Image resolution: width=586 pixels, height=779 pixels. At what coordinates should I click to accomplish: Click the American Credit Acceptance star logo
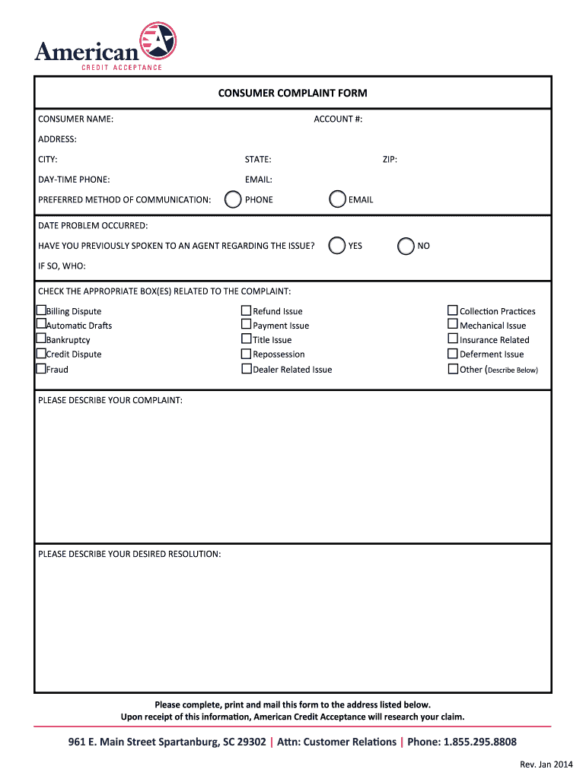point(158,40)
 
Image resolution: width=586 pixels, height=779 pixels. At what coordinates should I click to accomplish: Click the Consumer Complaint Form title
point(292,94)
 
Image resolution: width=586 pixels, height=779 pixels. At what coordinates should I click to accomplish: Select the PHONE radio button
point(233,199)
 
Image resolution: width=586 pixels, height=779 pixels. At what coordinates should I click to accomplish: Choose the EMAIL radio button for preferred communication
point(337,199)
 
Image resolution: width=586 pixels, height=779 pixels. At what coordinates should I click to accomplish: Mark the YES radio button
point(337,246)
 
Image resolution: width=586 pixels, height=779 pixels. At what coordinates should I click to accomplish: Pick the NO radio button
point(406,246)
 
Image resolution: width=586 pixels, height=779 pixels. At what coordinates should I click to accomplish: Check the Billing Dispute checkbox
point(41,310)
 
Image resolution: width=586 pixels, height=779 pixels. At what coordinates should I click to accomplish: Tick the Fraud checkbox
point(41,369)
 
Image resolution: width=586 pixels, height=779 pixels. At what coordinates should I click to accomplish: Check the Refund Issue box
point(246,310)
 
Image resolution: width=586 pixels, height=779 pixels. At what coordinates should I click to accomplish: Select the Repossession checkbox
point(246,354)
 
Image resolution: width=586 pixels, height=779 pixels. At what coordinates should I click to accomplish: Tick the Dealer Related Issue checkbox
point(246,369)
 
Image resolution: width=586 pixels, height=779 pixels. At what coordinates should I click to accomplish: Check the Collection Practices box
point(453,310)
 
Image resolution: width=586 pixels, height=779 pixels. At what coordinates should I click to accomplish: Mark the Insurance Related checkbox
point(453,339)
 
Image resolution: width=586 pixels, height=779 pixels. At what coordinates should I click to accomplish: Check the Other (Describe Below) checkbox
point(453,369)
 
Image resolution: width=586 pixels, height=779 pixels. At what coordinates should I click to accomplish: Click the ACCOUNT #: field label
point(338,119)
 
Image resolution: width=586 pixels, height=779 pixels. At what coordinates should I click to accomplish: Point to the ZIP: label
point(390,160)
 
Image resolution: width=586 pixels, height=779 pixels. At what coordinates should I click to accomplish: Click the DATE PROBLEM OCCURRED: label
point(93,226)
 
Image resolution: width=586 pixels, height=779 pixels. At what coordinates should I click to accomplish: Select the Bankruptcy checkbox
point(41,339)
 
